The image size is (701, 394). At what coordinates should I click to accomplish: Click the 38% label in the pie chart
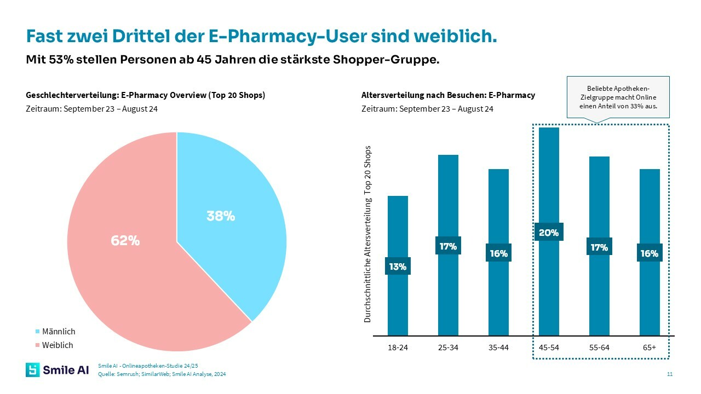tap(221, 216)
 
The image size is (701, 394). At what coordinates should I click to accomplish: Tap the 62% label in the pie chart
tap(125, 241)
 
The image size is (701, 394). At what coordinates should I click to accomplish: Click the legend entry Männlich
tap(58, 332)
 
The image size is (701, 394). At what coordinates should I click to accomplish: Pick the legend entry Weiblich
tap(57, 345)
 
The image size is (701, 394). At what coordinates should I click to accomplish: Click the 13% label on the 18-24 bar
tap(398, 266)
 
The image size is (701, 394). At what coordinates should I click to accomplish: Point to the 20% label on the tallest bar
tap(549, 233)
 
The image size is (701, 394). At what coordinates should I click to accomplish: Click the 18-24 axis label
tap(398, 348)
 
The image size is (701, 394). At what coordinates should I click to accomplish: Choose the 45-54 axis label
tap(549, 348)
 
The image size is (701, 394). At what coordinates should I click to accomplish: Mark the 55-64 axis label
tap(599, 348)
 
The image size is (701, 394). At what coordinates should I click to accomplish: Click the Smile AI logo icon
tap(33, 370)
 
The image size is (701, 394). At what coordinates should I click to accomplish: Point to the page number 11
tap(670, 374)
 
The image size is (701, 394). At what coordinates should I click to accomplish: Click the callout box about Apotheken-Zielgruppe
tap(618, 97)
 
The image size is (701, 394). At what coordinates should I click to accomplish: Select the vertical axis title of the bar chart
tap(368, 234)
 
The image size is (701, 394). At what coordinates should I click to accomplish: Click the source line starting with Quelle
tap(162, 374)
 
